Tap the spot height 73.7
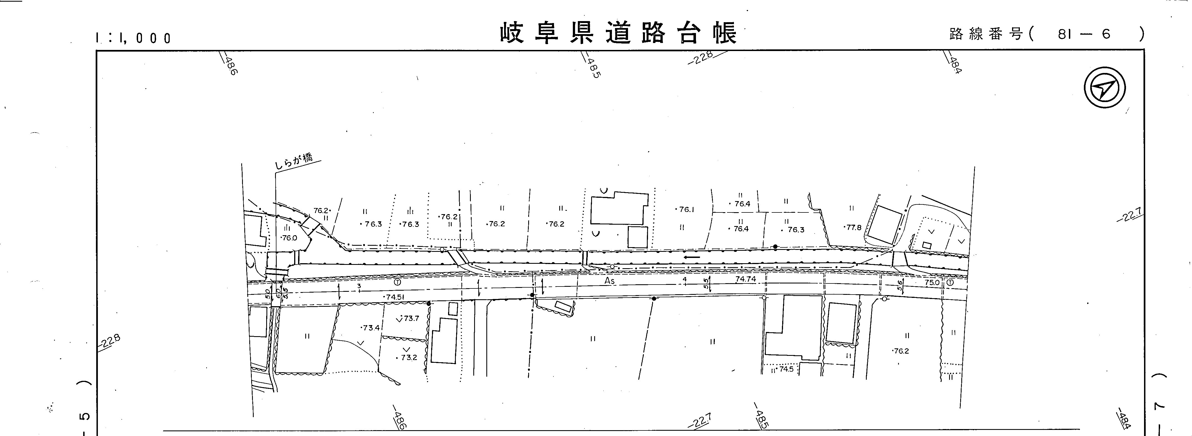(410, 318)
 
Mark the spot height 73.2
(407, 358)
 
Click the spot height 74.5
(785, 369)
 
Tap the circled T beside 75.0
(950, 282)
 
